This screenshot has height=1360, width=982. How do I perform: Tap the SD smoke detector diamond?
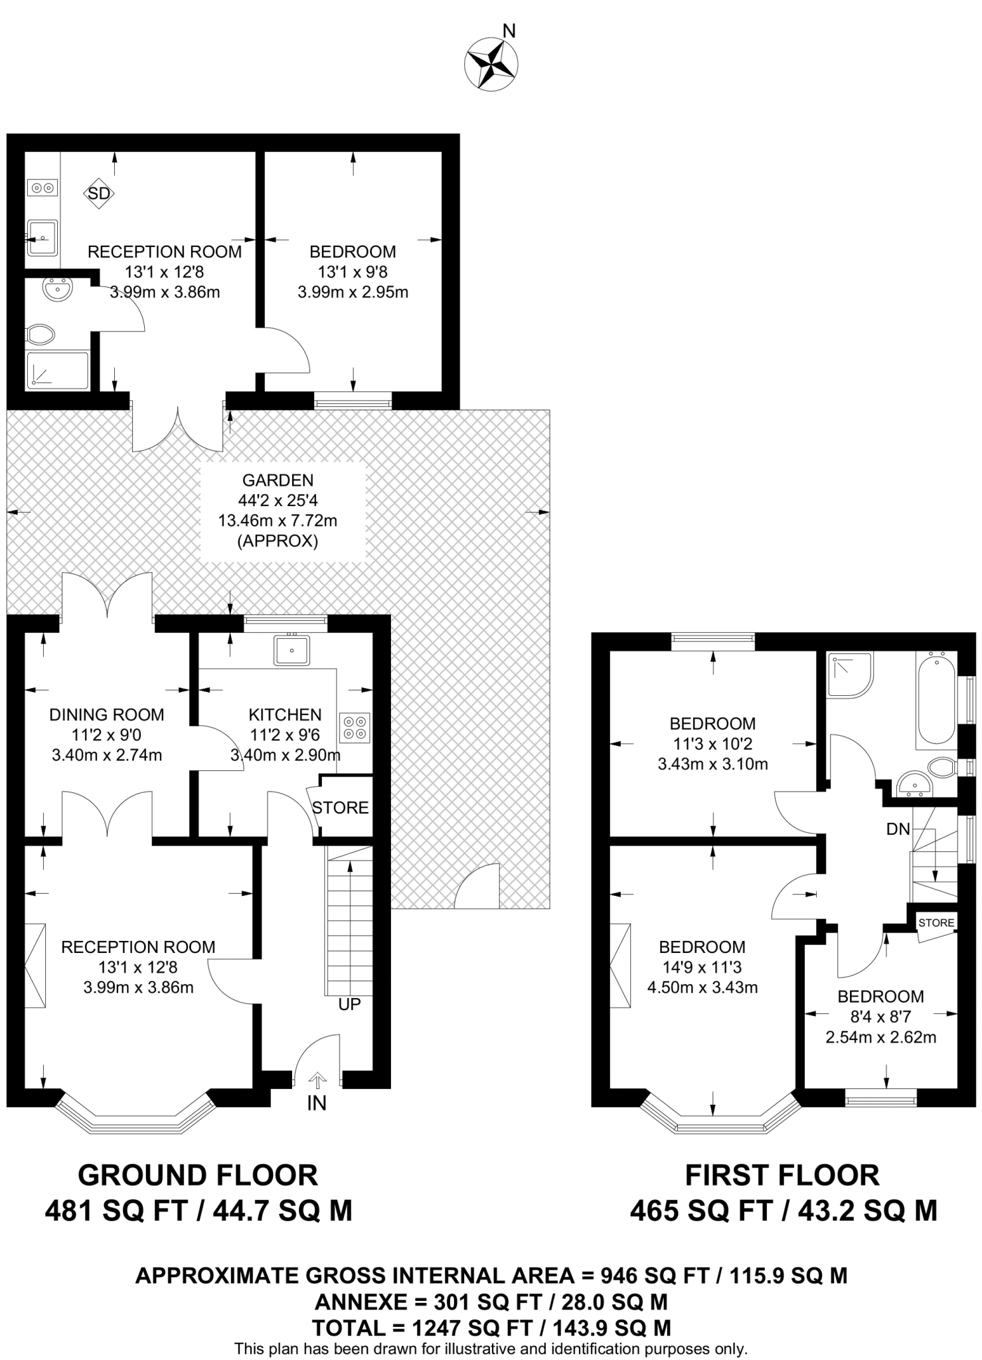click(99, 194)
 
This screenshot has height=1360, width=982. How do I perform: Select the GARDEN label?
click(278, 479)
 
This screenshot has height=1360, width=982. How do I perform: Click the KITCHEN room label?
click(285, 715)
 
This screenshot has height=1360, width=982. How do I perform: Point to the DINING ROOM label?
click(107, 715)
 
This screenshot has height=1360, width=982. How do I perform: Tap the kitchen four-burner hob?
click(354, 727)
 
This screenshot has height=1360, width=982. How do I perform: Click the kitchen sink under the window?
click(291, 650)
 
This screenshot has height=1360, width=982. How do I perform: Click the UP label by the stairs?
click(349, 1004)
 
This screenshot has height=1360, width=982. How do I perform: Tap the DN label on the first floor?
click(898, 829)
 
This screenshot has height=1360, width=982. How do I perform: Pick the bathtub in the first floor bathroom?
click(936, 698)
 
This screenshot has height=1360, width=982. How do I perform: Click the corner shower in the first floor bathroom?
click(850, 675)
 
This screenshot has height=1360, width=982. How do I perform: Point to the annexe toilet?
click(41, 335)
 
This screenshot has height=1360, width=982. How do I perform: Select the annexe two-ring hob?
click(42, 189)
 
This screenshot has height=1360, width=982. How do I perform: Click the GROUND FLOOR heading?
click(198, 1175)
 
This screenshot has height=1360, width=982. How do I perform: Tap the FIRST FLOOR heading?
click(782, 1175)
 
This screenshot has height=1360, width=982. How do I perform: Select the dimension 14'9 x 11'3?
click(702, 967)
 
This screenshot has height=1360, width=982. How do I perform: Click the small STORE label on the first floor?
click(936, 923)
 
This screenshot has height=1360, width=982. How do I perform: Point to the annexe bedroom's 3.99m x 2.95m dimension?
click(353, 292)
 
